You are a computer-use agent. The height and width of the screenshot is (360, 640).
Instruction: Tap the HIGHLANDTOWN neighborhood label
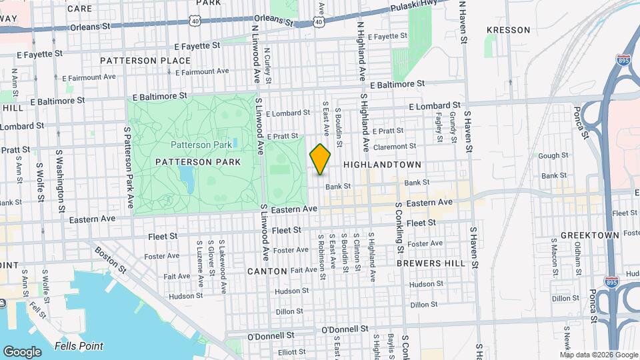pyautogui.click(x=382, y=164)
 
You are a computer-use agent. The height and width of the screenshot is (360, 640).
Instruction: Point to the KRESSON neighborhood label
pyautogui.click(x=508, y=30)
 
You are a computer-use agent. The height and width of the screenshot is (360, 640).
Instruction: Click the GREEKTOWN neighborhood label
pyautogui.click(x=590, y=235)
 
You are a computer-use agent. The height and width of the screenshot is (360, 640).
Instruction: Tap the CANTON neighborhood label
pyautogui.click(x=267, y=271)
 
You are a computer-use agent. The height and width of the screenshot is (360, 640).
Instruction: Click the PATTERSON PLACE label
pyautogui.click(x=136, y=61)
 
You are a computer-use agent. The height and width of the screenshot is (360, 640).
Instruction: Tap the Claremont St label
pyautogui.click(x=394, y=146)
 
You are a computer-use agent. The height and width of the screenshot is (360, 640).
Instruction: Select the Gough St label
pyautogui.click(x=553, y=155)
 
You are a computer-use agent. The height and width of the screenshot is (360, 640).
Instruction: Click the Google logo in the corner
pyautogui.click(x=22, y=351)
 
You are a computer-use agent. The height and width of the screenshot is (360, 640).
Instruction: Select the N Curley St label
pyautogui.click(x=267, y=65)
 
